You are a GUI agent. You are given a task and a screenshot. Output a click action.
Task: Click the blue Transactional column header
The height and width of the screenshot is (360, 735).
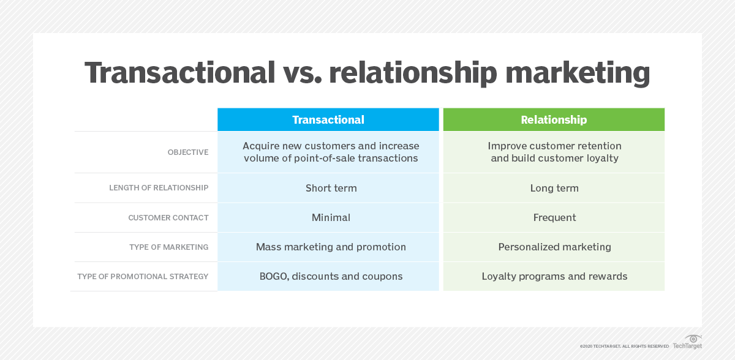coord(328,120)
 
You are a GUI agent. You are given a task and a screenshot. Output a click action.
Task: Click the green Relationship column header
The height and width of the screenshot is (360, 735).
coord(554,120)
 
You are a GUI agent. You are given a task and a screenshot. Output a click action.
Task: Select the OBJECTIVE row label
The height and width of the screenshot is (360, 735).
coord(187,152)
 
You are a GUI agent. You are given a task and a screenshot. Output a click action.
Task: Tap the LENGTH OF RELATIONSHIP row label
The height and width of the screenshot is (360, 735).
coord(159,188)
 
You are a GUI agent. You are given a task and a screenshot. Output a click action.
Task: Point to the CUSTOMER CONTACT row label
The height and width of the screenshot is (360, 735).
coord(168,218)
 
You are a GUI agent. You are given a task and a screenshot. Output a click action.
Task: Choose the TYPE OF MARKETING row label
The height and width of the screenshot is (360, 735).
coord(168,247)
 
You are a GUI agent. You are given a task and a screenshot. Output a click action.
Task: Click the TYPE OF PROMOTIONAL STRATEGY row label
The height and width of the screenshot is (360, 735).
coord(143,277)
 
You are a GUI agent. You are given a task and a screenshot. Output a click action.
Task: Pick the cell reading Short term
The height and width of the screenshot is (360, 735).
coord(331,188)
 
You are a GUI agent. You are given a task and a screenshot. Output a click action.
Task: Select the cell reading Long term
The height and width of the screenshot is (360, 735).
coord(554,188)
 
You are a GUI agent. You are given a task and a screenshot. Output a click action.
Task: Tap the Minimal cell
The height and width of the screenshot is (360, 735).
coord(331,217)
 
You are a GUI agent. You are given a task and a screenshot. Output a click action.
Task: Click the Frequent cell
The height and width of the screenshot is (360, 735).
coord(554,217)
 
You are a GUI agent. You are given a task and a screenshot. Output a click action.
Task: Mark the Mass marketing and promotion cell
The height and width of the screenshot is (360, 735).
coord(331,247)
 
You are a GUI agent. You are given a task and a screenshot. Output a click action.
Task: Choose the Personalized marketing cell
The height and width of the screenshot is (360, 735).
coord(554,247)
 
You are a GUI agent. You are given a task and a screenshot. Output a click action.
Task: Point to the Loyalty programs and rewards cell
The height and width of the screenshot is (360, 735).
coord(554,276)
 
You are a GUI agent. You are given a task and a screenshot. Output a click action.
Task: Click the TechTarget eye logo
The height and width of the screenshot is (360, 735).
coord(693,339)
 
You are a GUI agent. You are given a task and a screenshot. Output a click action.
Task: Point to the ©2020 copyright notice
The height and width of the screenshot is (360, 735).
coord(624,346)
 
